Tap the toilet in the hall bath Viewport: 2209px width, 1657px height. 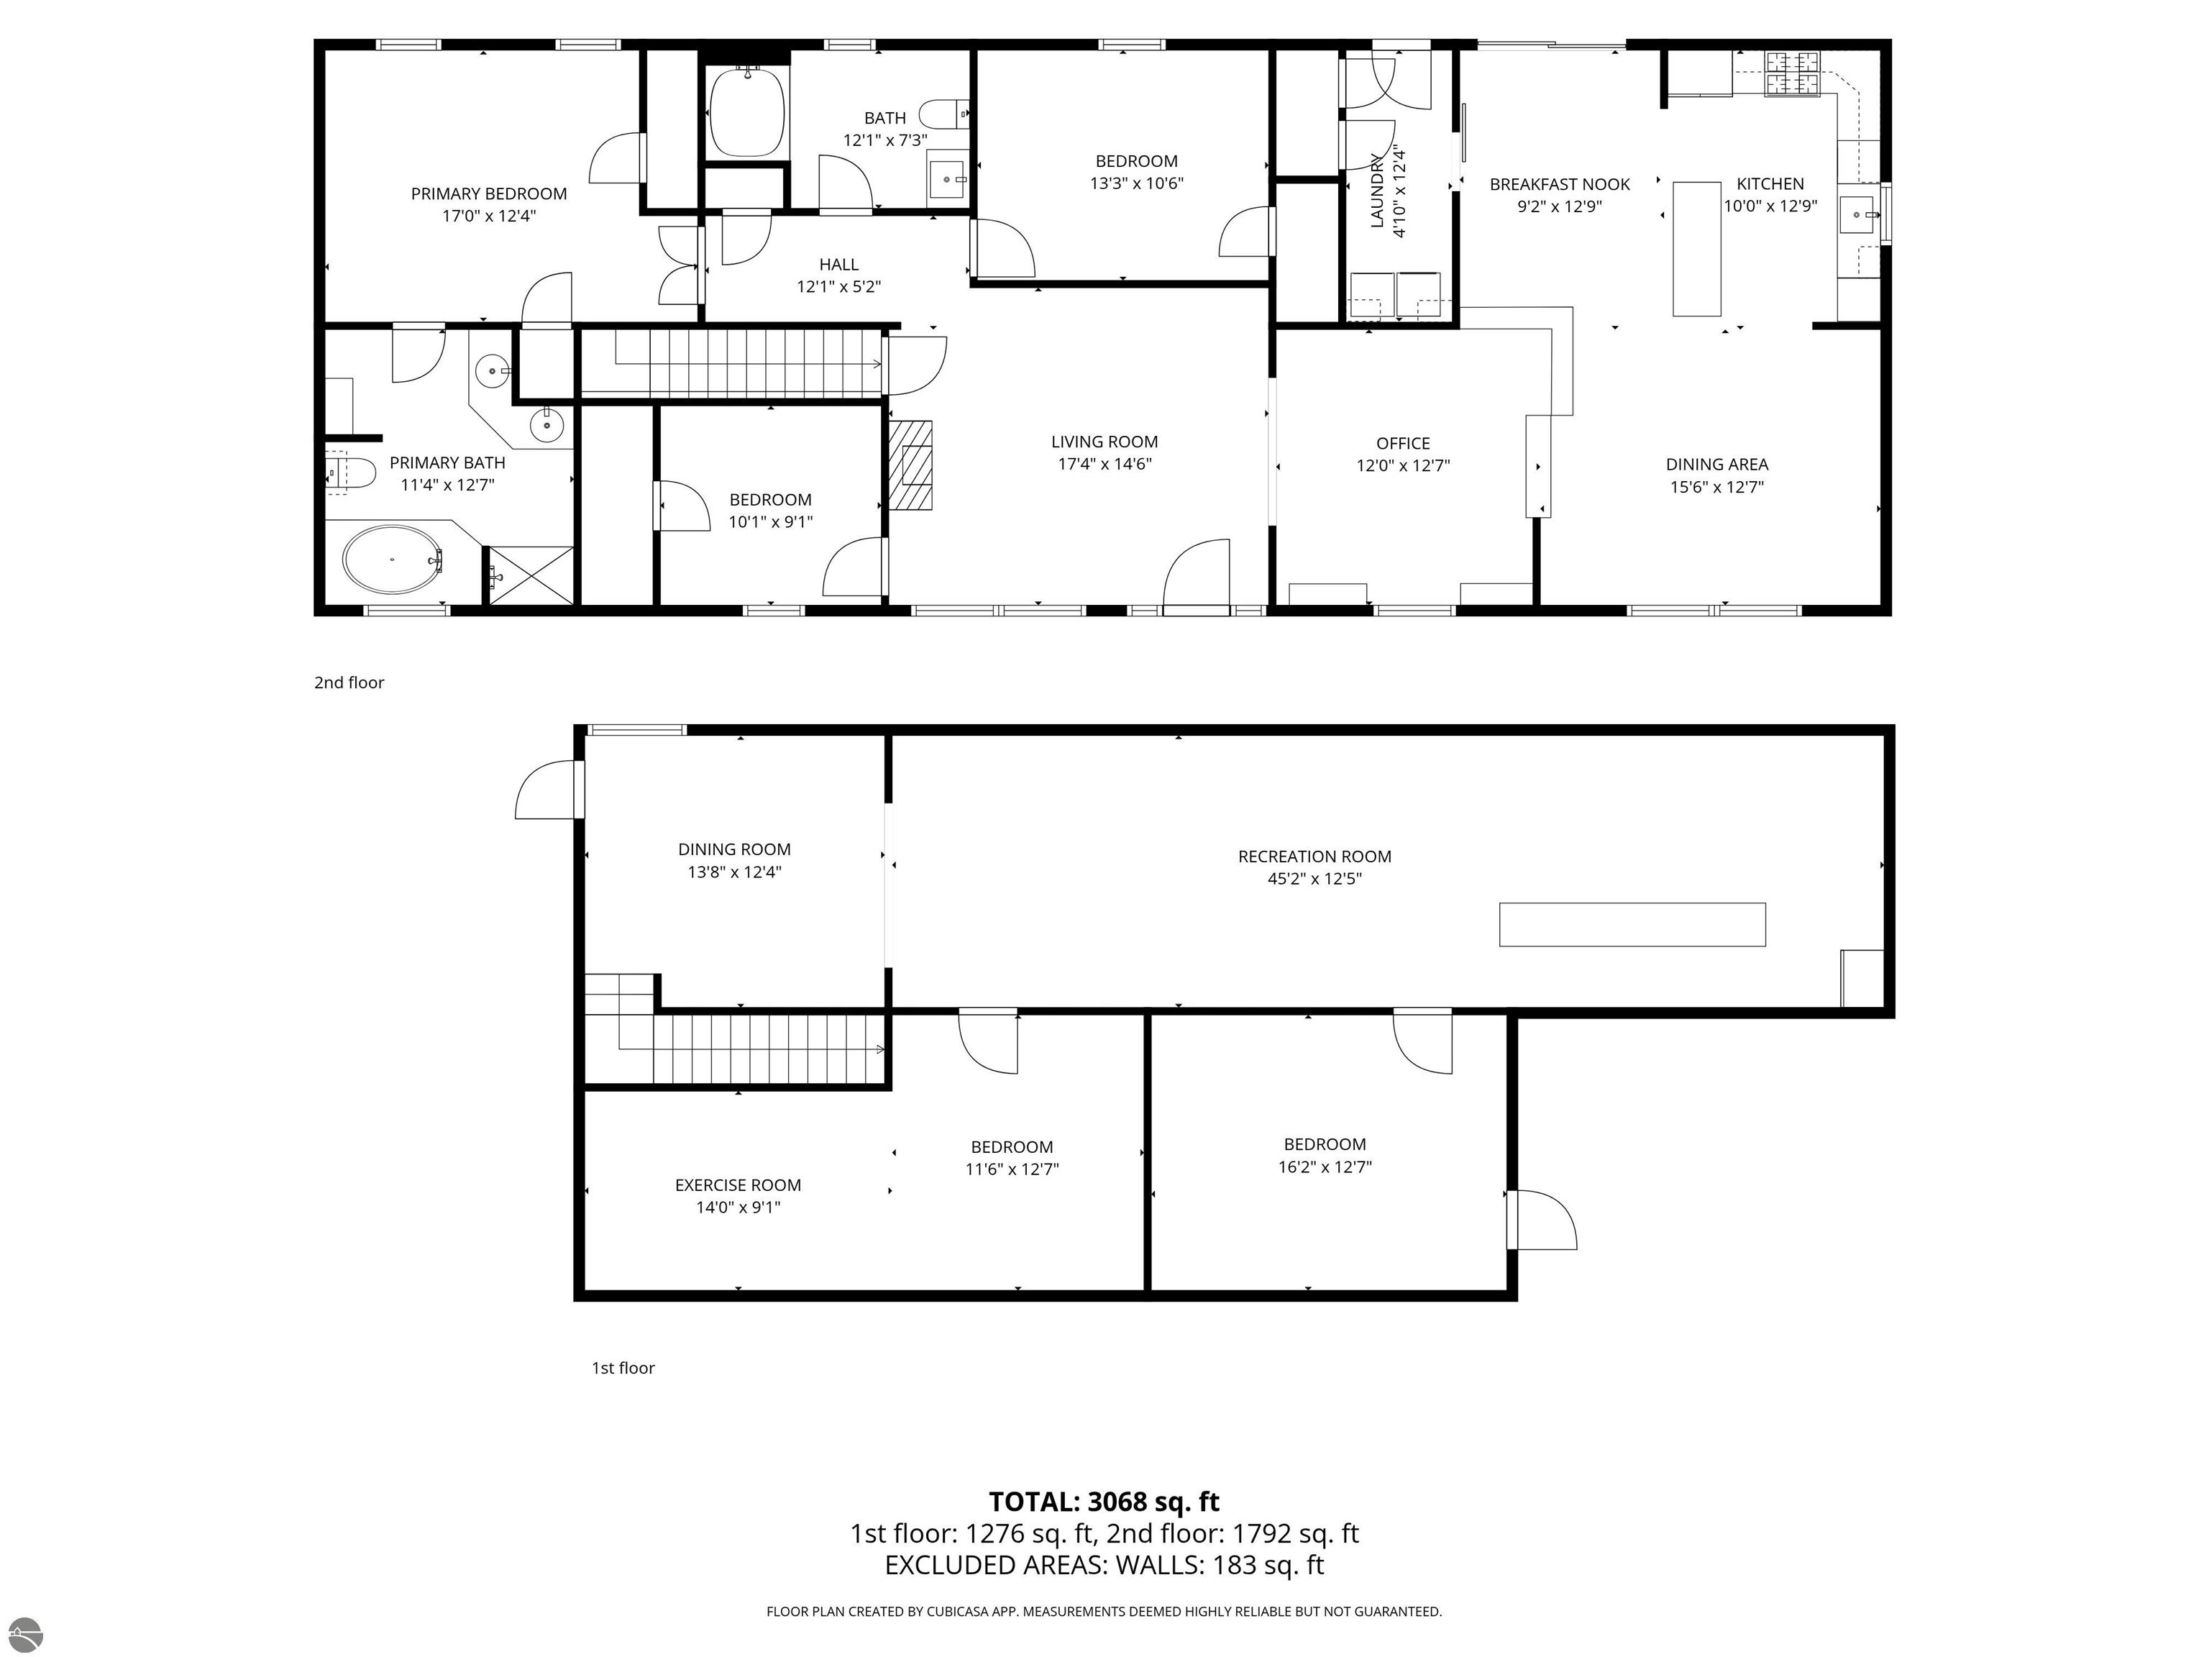pyautogui.click(x=943, y=110)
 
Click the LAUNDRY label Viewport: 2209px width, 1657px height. pyautogui.click(x=1376, y=192)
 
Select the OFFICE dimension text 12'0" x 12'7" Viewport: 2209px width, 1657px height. pyautogui.click(x=1403, y=465)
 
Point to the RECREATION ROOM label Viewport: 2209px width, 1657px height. pyautogui.click(x=1314, y=856)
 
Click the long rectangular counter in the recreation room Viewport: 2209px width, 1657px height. pyautogui.click(x=1632, y=924)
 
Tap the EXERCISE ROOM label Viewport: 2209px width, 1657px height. pyautogui.click(x=738, y=1184)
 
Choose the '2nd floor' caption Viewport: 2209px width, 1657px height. pyautogui.click(x=349, y=683)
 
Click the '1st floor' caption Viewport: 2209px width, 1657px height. pyautogui.click(x=623, y=1367)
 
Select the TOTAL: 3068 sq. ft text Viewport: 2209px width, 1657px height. pyautogui.click(x=1104, y=1501)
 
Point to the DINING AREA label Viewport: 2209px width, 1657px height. pyautogui.click(x=1716, y=465)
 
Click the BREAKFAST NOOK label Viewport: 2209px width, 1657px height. pyautogui.click(x=1560, y=184)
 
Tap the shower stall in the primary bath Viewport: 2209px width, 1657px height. pyautogui.click(x=530, y=575)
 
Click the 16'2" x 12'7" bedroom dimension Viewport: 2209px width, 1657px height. pyautogui.click(x=1325, y=1167)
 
